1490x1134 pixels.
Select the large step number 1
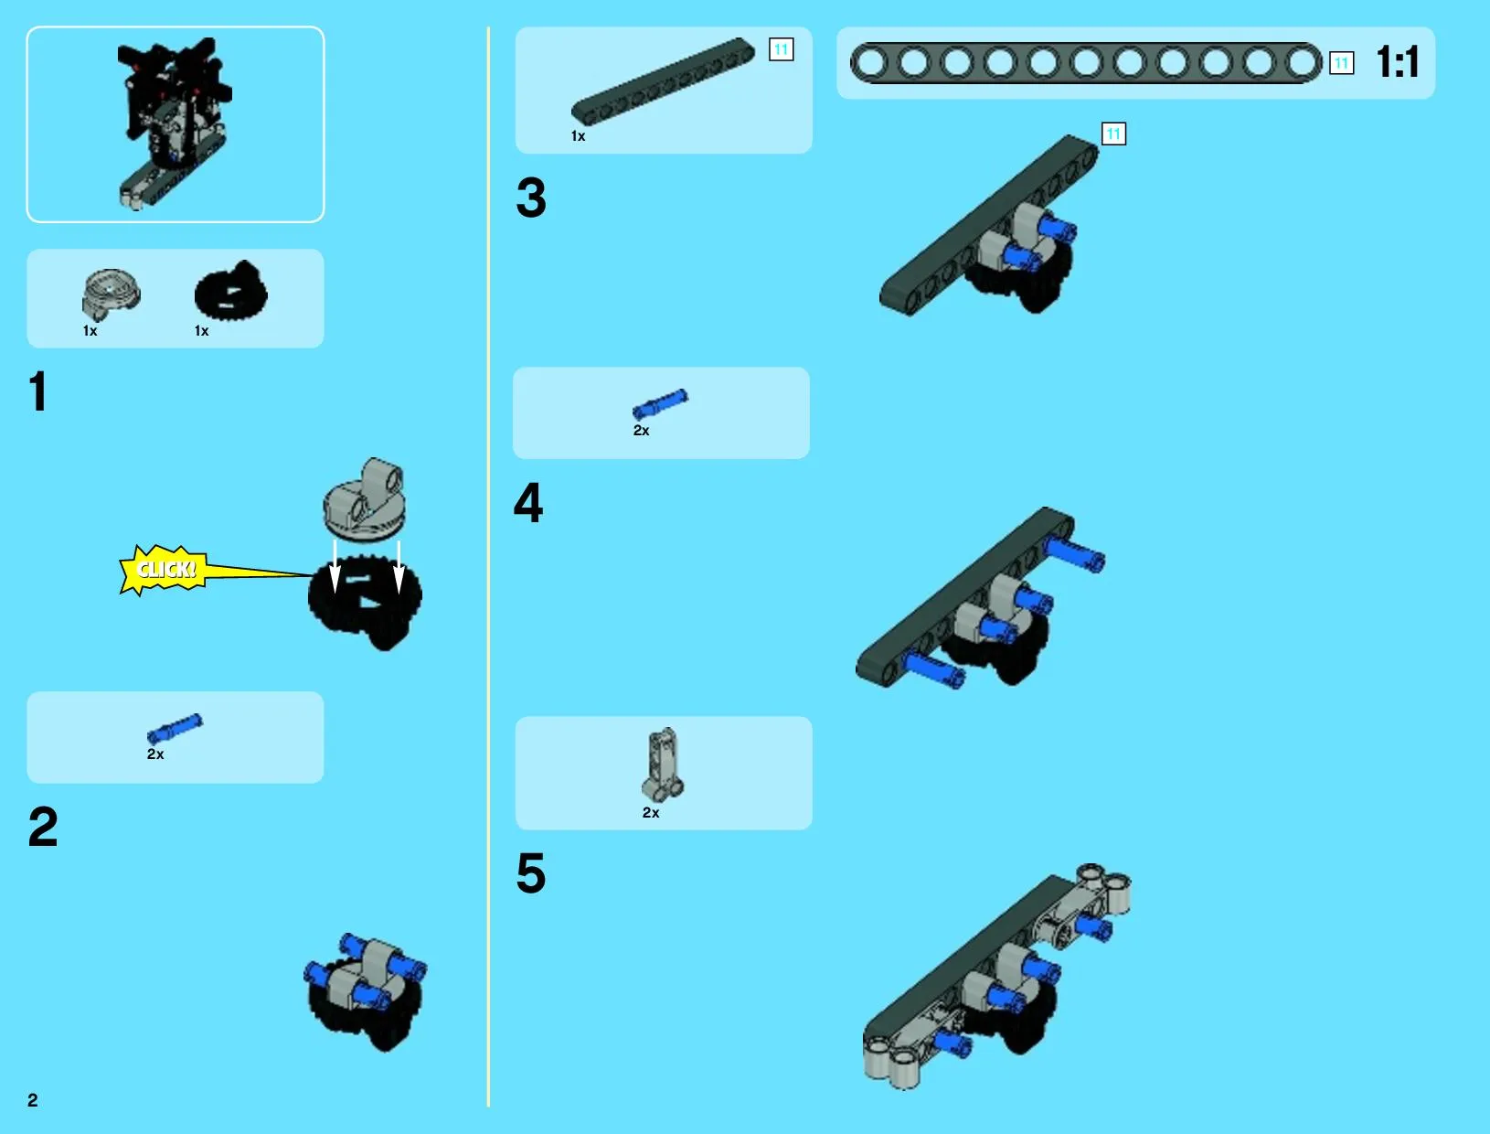38,391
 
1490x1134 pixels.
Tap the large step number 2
43,827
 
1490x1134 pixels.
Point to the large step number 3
531,198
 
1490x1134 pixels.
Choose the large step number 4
528,503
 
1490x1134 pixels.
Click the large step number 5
531,873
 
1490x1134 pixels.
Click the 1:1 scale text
1397,62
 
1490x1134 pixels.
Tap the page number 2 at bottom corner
33,1100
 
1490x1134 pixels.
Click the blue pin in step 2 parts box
175,728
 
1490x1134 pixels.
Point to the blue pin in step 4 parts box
660,404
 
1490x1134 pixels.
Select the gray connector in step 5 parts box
663,765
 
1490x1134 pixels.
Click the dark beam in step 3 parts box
664,81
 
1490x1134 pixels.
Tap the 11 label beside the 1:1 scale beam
1341,63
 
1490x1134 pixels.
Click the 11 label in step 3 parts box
782,48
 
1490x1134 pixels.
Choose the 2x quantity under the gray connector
650,813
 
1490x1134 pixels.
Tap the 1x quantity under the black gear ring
202,331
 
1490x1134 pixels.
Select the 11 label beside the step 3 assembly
1113,134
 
